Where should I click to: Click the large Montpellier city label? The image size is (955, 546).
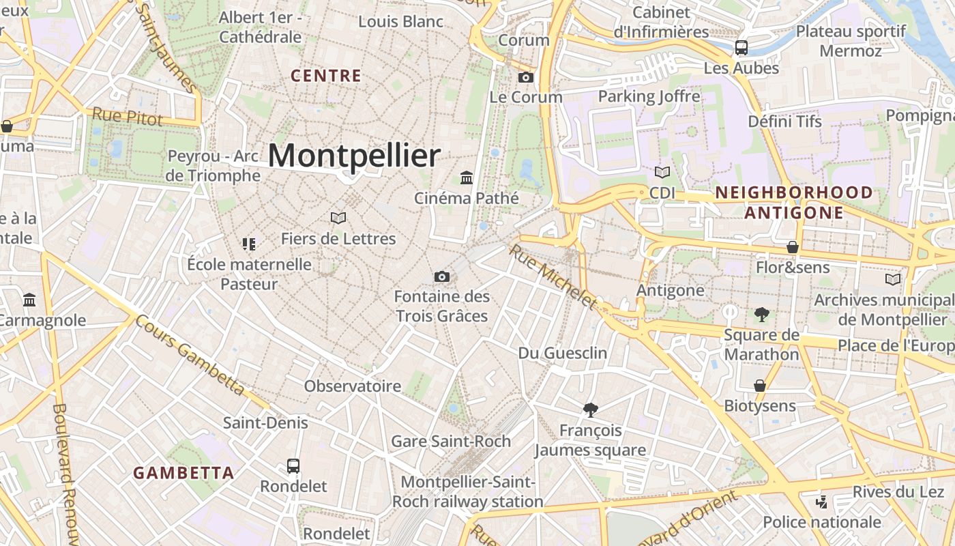coord(354,156)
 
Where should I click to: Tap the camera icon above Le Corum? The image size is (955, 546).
coord(525,77)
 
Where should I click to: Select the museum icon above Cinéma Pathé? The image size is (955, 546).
coord(467,177)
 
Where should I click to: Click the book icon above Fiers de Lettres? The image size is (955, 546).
coord(338,218)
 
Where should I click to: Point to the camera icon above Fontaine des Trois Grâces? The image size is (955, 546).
coord(442,276)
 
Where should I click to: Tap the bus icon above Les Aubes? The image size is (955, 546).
coord(741,48)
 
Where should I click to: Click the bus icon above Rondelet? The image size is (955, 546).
coord(293,466)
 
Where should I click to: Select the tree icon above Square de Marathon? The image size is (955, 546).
coord(761,315)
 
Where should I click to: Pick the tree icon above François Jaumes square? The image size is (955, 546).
coord(591,409)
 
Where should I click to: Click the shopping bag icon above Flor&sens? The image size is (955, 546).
coord(793,246)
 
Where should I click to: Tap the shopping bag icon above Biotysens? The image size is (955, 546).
coord(760,386)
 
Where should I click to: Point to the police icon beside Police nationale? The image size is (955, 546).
coord(822,502)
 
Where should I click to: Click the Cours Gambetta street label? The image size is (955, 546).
coord(190,355)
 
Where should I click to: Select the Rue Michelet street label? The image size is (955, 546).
coord(553,276)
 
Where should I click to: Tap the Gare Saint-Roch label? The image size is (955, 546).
coord(451,441)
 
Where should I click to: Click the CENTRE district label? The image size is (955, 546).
coord(326,76)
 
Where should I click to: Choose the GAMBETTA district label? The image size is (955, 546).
coord(183,472)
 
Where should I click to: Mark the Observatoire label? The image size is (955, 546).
coord(353,386)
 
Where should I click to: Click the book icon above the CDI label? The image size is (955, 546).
coord(662,172)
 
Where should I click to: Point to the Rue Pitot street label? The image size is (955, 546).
coord(128,117)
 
